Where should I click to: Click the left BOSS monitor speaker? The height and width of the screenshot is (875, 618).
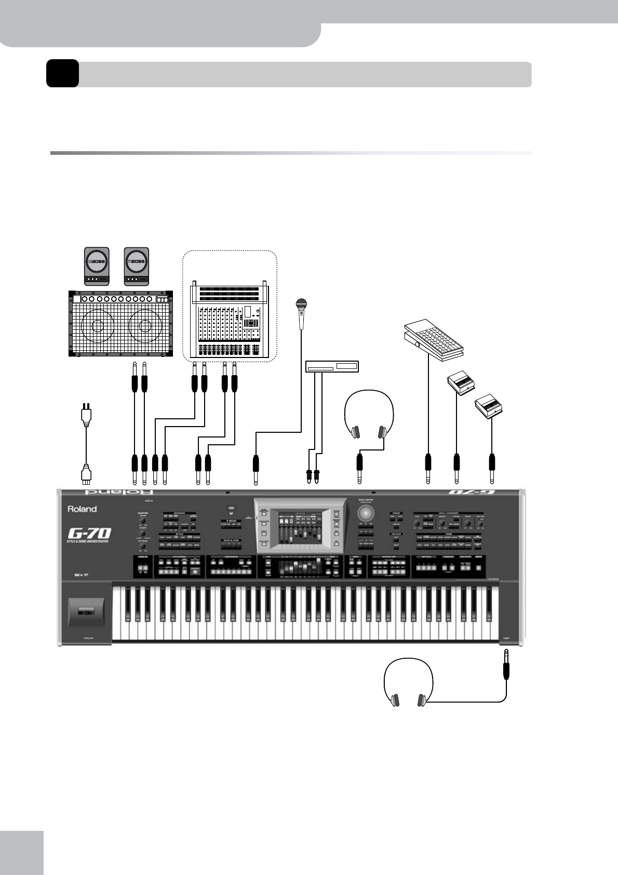97,266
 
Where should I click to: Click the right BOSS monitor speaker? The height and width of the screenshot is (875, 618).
137,266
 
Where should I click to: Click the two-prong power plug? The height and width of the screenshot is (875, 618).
86,415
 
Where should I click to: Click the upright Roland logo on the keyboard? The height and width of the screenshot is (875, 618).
82,509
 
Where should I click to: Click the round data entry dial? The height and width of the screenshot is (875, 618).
367,513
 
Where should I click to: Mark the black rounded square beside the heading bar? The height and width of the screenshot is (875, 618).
62,73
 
